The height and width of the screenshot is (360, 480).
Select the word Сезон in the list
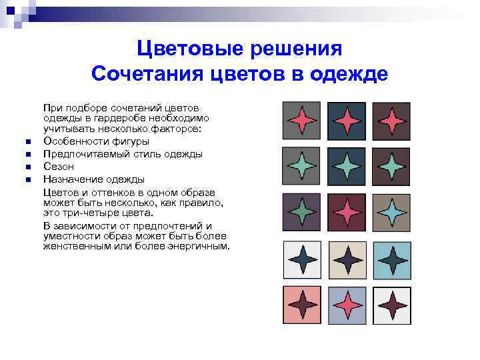tap(59, 166)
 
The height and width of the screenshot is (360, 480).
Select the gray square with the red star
tap(302, 121)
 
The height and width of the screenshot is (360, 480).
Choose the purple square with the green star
tap(302, 211)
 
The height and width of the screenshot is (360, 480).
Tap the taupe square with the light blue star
tap(391, 211)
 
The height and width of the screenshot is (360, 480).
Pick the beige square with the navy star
tap(347, 258)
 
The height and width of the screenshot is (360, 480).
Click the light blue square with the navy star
tap(391, 258)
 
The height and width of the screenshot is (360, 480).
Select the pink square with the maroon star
tap(302, 305)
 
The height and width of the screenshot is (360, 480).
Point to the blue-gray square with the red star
tap(347, 305)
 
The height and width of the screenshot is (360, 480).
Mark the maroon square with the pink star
tap(347, 211)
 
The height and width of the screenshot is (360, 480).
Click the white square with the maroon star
tap(391, 305)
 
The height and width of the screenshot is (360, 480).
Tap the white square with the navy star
tap(302, 258)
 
